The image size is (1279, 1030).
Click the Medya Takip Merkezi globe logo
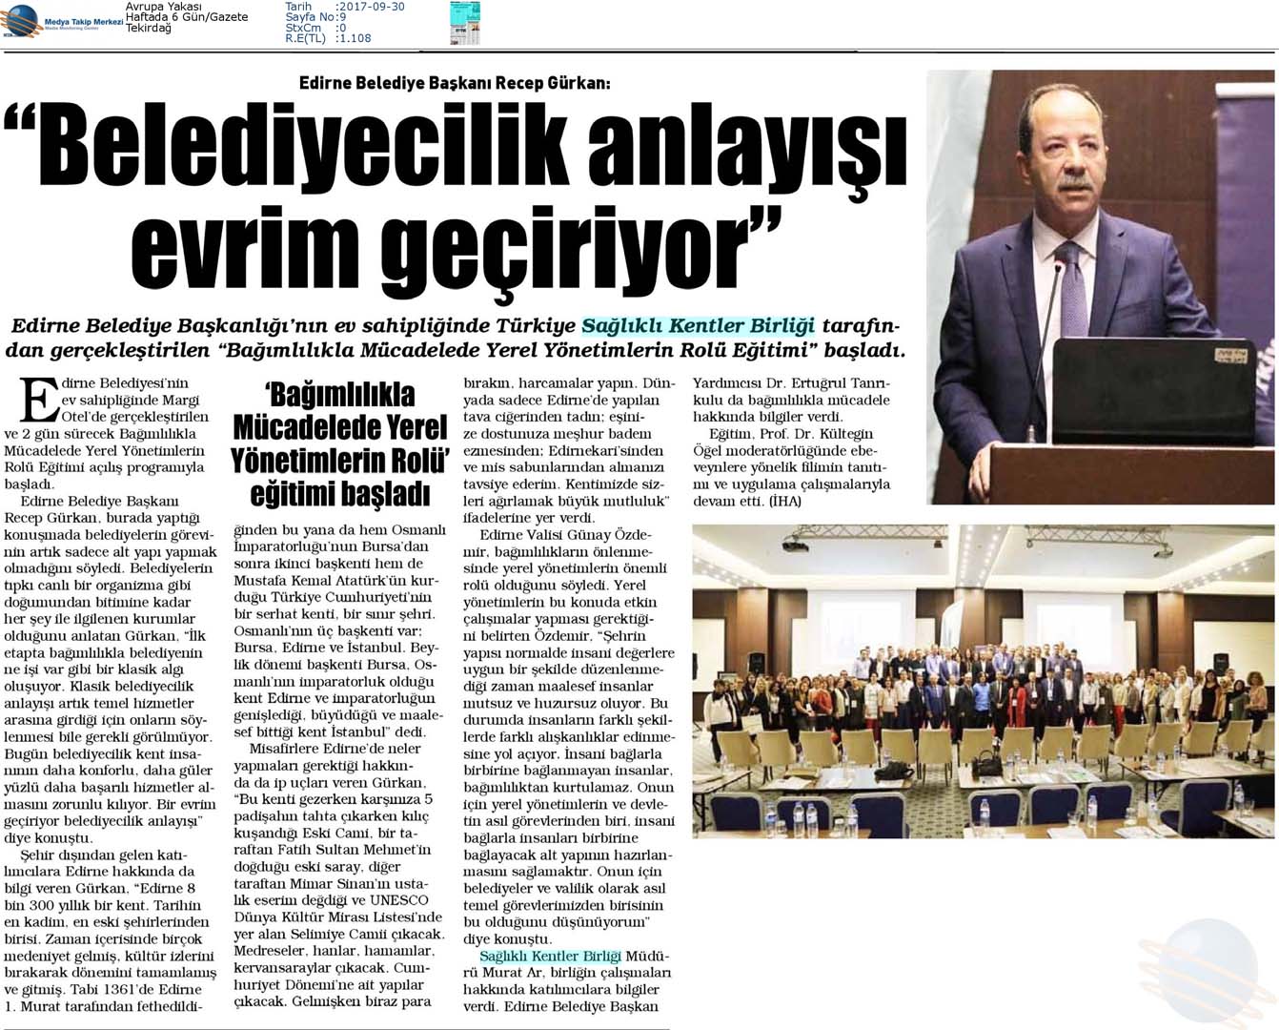[21, 20]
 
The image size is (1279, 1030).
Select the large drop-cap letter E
[39, 399]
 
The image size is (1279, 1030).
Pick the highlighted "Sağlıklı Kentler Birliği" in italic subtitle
[698, 326]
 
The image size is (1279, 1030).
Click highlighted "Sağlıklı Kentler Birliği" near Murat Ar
[550, 956]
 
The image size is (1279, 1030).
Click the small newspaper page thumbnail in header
[465, 23]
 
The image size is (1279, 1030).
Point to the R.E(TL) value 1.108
[354, 39]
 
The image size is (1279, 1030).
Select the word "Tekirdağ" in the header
[149, 29]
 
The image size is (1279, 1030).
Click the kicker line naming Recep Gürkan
[455, 83]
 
